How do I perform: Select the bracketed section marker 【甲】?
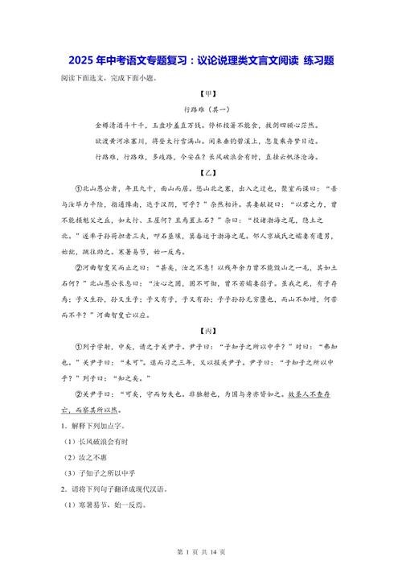coord(201,94)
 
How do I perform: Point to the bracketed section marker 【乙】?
coord(201,172)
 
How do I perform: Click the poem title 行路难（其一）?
coord(201,109)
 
